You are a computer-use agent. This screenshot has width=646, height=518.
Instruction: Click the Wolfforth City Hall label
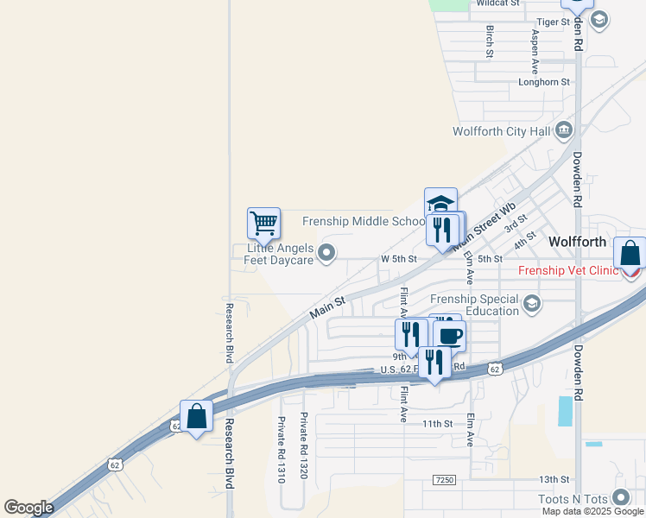point(502,131)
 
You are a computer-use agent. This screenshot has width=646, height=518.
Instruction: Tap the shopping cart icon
point(263,223)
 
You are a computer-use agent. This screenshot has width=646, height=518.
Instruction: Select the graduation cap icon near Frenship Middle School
point(440,204)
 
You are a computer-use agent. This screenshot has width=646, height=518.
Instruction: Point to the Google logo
point(28,508)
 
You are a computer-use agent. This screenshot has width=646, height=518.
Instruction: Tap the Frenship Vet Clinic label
point(567,270)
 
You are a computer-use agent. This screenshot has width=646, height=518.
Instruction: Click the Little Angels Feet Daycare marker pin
point(326,253)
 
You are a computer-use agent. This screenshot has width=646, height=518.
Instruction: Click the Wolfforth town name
point(578,242)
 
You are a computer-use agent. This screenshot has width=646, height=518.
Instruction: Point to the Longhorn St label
point(544,82)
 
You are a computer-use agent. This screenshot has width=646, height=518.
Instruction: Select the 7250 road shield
point(445,479)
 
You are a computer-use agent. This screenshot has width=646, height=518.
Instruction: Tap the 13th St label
point(554,479)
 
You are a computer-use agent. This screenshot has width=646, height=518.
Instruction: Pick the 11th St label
point(437,424)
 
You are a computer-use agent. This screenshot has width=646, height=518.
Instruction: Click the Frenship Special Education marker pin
point(533,303)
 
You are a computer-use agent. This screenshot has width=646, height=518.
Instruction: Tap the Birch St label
point(490,41)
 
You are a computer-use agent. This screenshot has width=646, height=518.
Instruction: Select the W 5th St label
point(399,259)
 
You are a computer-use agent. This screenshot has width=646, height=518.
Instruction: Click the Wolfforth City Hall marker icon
point(564,130)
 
